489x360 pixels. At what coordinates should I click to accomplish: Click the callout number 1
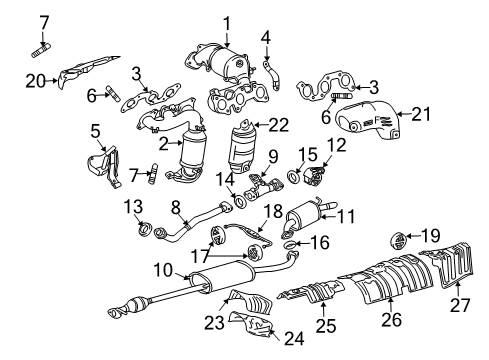[226, 22]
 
